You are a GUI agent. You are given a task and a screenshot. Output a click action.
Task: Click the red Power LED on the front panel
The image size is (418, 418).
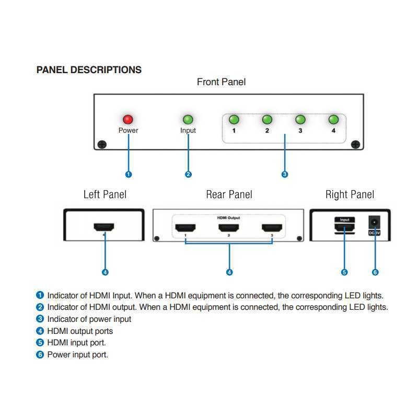tap(127, 120)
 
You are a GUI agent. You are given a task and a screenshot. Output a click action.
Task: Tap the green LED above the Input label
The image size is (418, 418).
tap(188, 120)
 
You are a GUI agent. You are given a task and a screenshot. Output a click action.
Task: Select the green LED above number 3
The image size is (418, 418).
tap(300, 120)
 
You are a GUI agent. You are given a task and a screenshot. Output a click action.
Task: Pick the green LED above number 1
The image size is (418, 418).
tap(234, 120)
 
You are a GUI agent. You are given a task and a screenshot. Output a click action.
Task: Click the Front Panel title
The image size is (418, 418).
tap(221, 82)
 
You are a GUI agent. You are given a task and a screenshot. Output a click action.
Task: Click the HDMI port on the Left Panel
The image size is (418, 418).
tap(104, 228)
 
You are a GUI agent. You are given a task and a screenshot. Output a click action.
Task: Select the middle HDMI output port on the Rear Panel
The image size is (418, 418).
tap(229, 228)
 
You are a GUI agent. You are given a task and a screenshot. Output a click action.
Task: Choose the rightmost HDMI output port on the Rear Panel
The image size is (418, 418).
tap(272, 228)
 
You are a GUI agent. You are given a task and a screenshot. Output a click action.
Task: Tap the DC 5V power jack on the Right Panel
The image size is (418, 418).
tap(374, 223)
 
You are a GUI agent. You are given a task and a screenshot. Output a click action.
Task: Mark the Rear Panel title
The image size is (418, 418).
tap(229, 195)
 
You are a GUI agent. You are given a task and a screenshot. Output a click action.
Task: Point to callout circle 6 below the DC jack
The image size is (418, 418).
tap(375, 272)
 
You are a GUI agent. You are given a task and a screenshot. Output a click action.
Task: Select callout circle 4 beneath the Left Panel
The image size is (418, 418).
tap(105, 272)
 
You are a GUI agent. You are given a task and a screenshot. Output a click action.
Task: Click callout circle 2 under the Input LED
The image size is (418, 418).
tap(188, 175)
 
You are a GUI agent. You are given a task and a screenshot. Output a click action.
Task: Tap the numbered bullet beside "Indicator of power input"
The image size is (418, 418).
tap(40, 319)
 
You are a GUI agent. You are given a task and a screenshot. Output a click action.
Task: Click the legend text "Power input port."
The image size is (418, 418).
tap(77, 355)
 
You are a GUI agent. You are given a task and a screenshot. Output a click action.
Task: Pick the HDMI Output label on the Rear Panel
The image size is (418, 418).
tap(229, 217)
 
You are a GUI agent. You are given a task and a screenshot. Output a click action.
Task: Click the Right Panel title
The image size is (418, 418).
tap(350, 195)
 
